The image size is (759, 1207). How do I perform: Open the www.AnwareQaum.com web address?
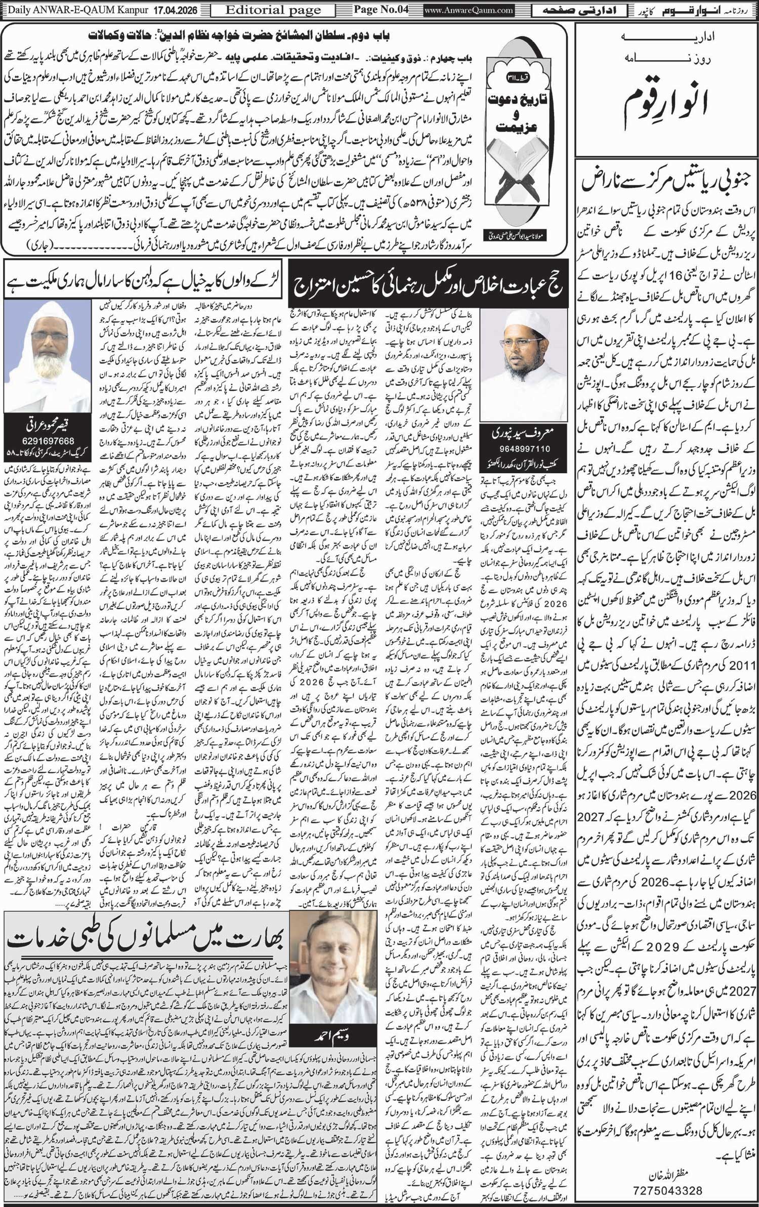click(x=469, y=10)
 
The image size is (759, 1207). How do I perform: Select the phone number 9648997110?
click(x=520, y=449)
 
